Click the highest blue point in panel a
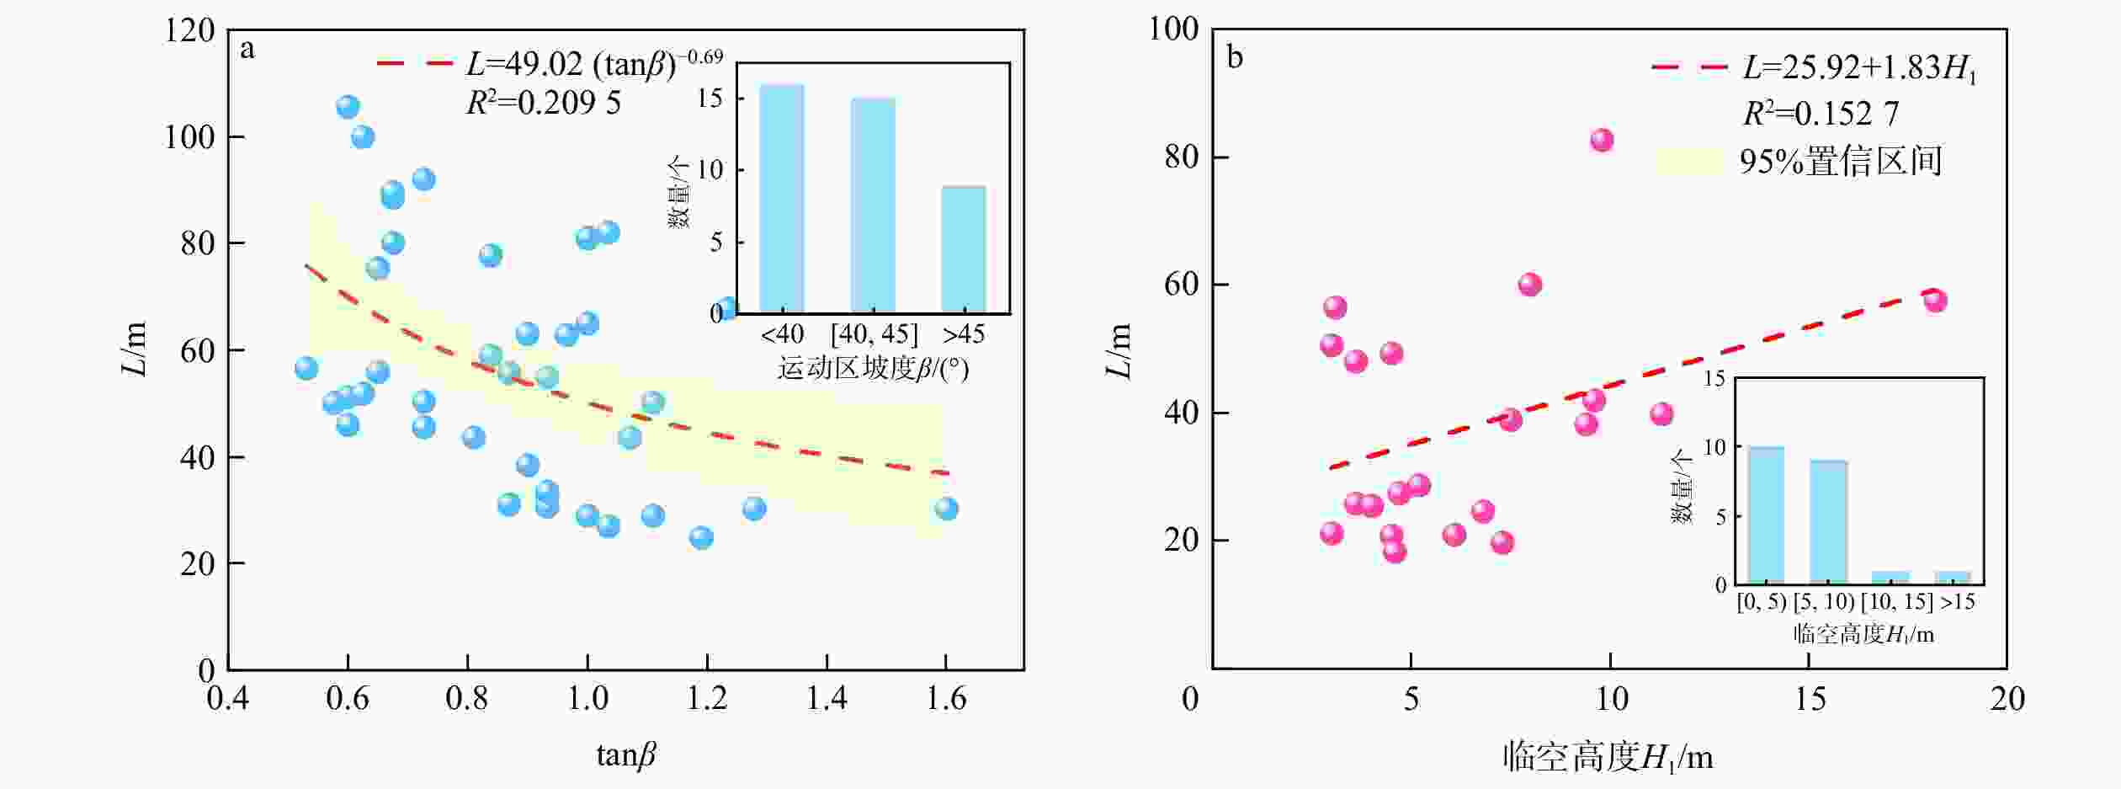(348, 107)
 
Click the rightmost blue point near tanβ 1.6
(946, 509)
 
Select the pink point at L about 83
(1601, 140)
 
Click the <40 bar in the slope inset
(781, 199)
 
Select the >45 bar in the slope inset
(963, 249)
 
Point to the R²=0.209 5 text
(543, 103)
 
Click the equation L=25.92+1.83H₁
(1858, 68)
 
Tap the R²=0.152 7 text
(1820, 114)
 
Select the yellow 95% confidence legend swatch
(1689, 161)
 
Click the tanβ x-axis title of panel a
(625, 754)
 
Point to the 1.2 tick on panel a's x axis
(707, 699)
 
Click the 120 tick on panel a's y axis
(189, 31)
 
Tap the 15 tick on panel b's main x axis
(1810, 699)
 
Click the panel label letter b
(1235, 57)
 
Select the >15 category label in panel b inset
(1957, 602)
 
